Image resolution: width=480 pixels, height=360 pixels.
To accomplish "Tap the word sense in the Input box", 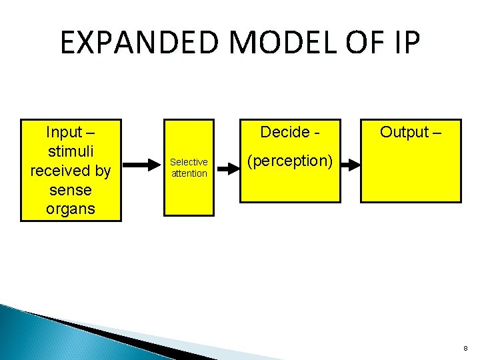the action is [70, 190].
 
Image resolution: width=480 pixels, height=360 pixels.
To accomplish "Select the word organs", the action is [70, 209].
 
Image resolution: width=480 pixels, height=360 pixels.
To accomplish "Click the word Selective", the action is [189, 162].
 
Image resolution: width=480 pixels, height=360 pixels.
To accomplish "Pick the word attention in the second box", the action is [189, 173].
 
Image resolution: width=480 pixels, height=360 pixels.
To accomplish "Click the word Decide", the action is [285, 132].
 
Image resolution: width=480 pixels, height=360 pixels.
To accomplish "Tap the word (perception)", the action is [289, 161].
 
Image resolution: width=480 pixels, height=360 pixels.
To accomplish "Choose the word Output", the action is [404, 132].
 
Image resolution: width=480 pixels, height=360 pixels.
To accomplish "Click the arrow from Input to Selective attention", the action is [142, 163].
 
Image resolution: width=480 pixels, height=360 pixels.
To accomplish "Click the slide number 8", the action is [465, 348].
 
